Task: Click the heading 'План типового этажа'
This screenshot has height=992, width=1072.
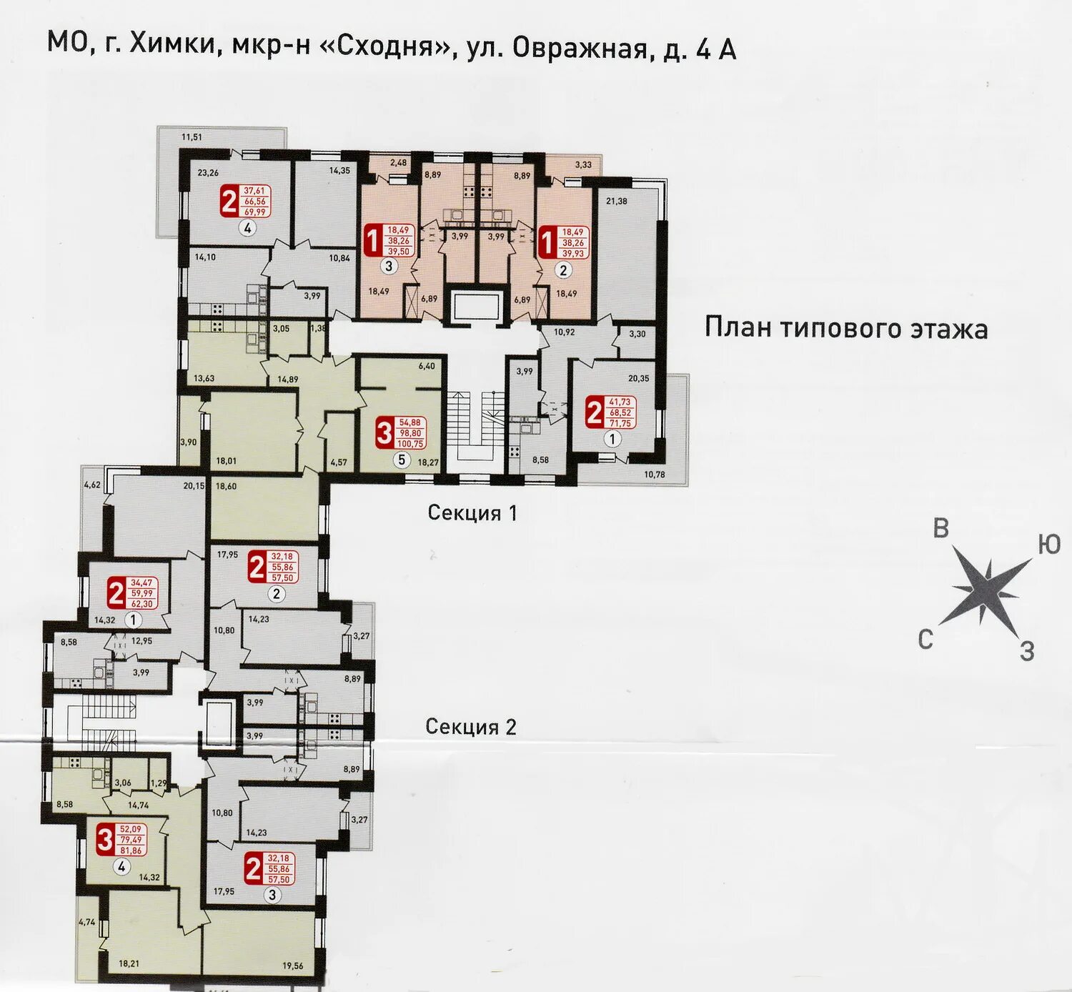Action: [846, 329]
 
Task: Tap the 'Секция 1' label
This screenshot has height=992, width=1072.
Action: [472, 512]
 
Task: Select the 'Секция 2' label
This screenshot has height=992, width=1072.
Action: [471, 727]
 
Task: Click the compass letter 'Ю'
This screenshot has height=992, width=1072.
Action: [1048, 545]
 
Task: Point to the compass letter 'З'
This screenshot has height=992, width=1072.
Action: [1026, 652]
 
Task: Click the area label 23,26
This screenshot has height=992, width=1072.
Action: [208, 173]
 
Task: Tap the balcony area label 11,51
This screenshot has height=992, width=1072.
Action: [192, 137]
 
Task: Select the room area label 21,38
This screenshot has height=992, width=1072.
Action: [617, 202]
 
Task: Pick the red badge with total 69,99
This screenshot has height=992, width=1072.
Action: [246, 201]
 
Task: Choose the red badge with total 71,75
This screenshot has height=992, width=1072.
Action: [612, 412]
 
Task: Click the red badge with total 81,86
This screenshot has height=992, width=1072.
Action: [121, 838]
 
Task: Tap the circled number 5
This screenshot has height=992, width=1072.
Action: [401, 460]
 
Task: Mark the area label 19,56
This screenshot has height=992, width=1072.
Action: [292, 966]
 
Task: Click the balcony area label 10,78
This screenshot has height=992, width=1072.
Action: [654, 475]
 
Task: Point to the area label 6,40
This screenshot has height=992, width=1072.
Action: [427, 366]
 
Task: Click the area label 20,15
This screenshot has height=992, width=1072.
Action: [194, 485]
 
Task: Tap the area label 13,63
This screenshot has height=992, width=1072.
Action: [204, 378]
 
